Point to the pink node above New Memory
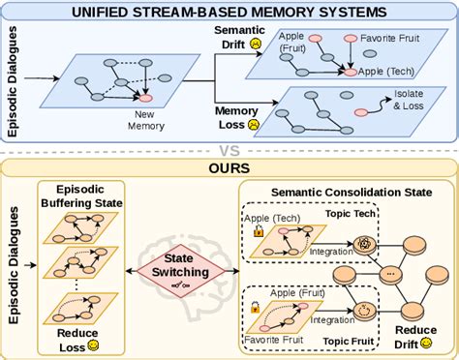[x=146, y=98]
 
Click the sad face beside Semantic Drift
[x=256, y=44]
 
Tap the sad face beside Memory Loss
[x=253, y=125]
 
